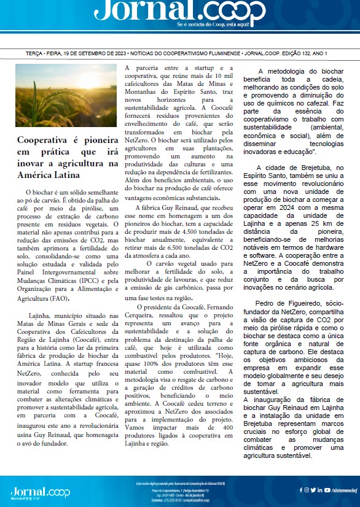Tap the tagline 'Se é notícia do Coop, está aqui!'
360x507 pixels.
click(x=221, y=25)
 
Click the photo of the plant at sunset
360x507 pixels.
click(x=66, y=95)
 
